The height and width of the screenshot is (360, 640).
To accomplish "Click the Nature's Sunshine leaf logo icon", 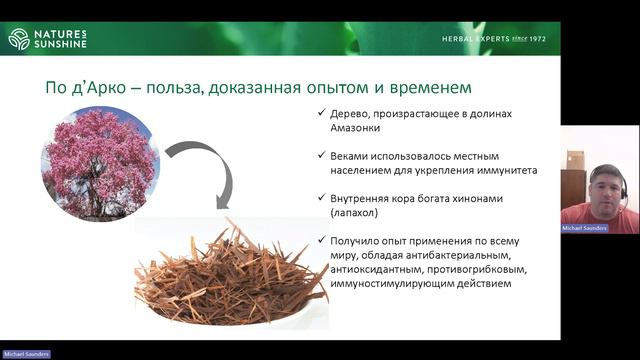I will [x=19, y=39].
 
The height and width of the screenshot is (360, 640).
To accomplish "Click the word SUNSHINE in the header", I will [x=62, y=44].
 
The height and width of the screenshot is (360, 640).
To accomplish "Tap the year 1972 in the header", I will [x=547, y=39].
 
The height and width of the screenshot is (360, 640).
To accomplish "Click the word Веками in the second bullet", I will [x=351, y=156].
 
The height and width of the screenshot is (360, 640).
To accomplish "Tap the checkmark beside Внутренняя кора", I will [x=319, y=199].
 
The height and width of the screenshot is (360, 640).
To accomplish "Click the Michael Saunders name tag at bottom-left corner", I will [x=26, y=354].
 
